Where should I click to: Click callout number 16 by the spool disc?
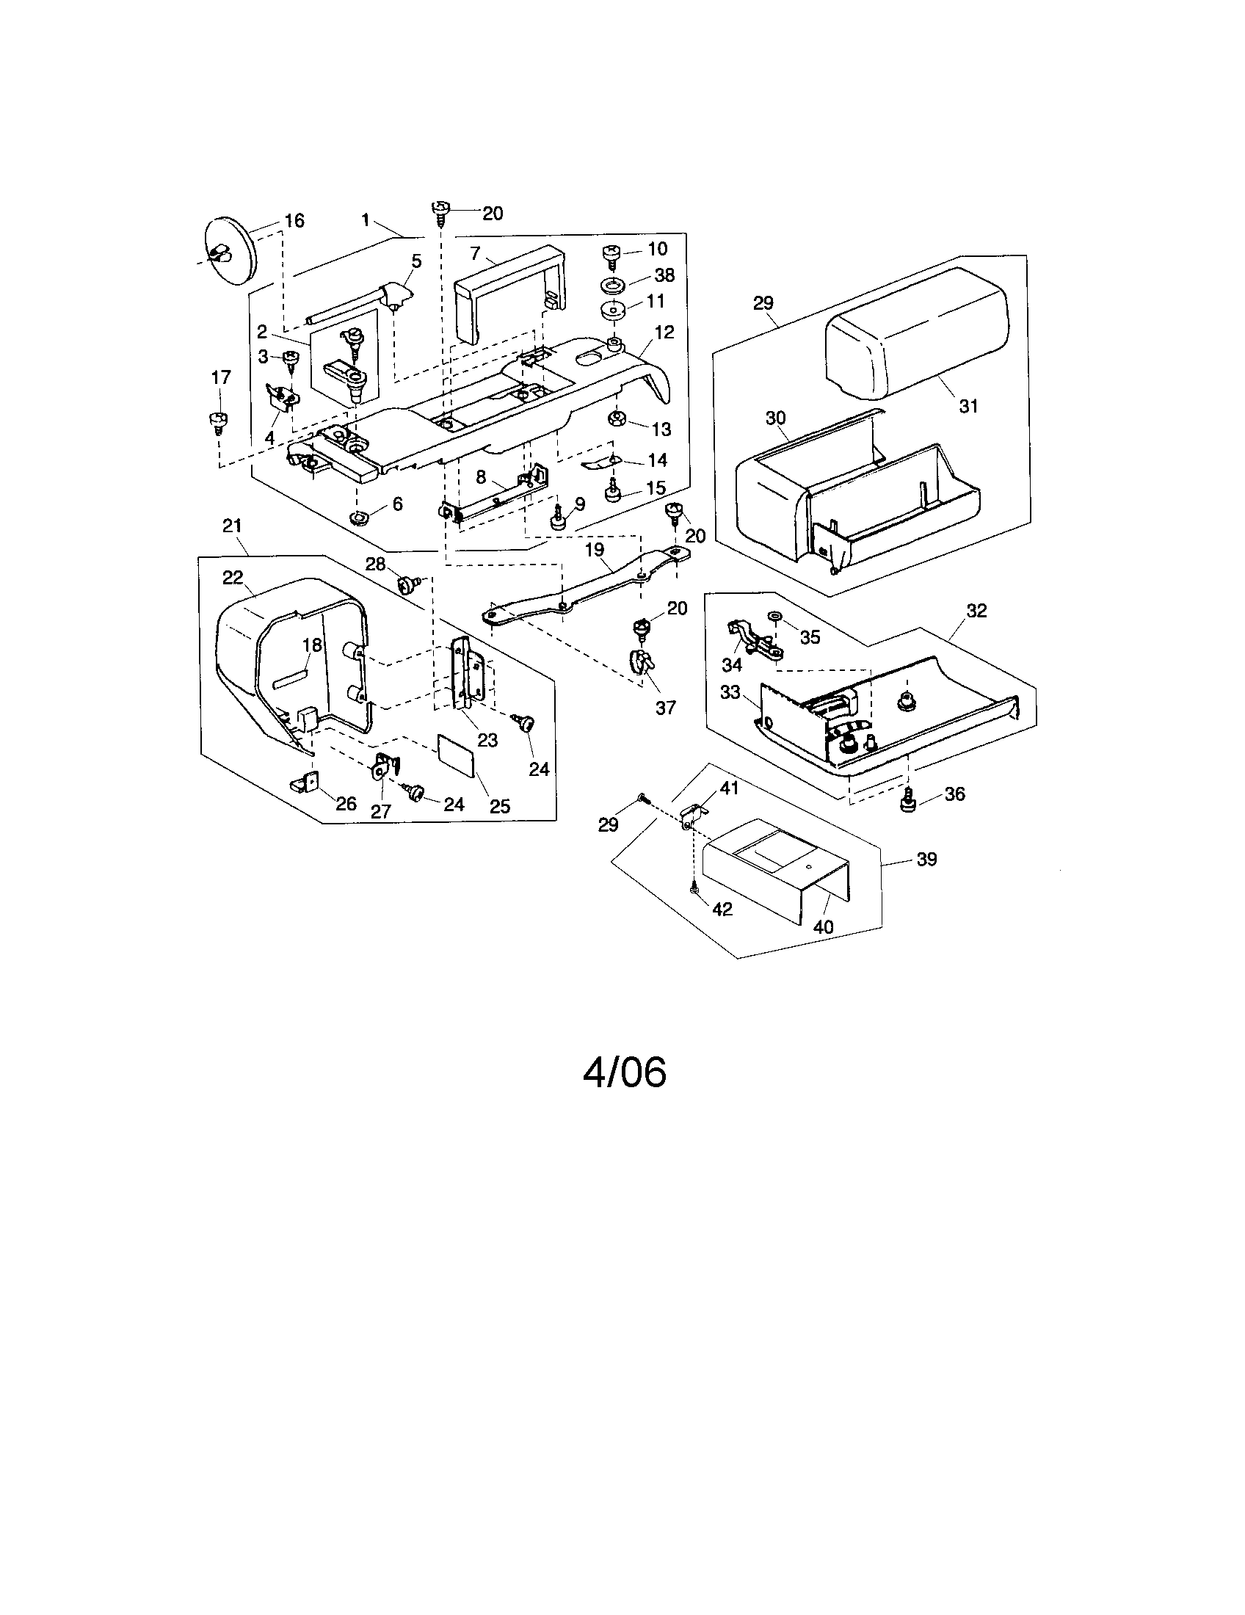pos(294,220)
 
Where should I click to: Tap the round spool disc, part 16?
pos(228,250)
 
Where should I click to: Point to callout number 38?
pos(664,275)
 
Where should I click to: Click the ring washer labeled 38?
pos(613,285)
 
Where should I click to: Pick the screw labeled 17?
pos(218,421)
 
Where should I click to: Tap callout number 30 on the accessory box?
pos(774,418)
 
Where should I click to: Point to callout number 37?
pos(665,708)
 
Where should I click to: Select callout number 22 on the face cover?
pos(233,578)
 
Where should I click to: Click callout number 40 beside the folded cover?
pos(823,926)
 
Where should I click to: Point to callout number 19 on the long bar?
pos(594,549)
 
